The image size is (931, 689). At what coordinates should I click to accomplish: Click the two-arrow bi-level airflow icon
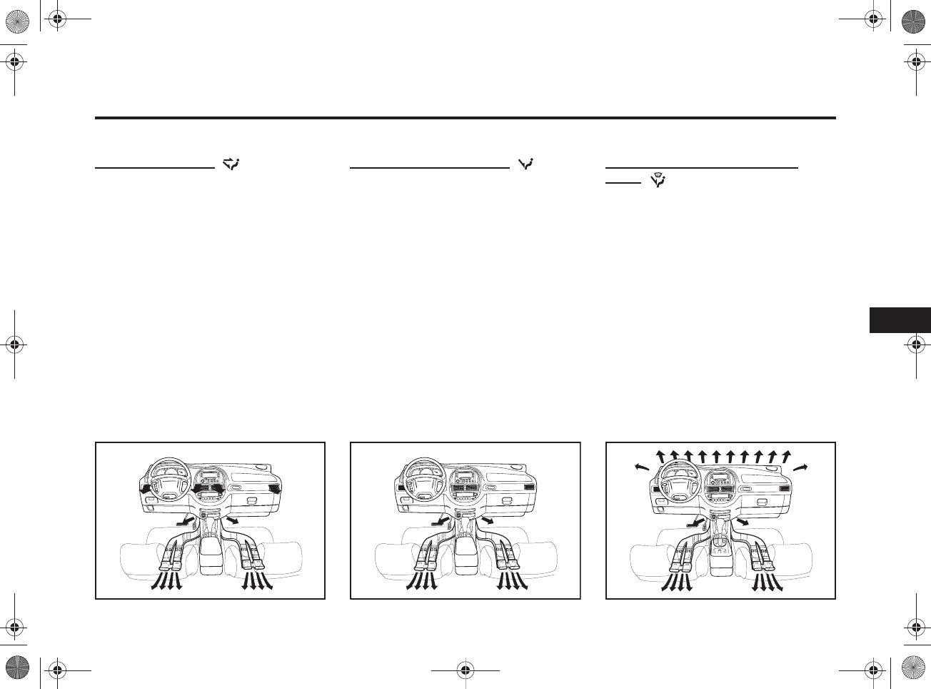(x=232, y=164)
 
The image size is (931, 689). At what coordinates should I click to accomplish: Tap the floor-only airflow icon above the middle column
(x=528, y=164)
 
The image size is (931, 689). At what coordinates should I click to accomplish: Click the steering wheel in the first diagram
(x=166, y=480)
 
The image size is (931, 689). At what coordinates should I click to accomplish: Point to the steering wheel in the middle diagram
(x=421, y=480)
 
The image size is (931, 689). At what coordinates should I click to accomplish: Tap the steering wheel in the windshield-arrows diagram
(x=676, y=480)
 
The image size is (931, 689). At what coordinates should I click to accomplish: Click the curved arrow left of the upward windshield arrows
(x=642, y=466)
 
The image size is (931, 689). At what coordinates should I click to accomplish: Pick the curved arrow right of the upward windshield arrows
(x=800, y=466)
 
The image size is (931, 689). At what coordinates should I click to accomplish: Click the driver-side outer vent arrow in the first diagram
(x=146, y=489)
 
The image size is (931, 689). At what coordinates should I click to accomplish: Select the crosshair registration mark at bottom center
(x=465, y=670)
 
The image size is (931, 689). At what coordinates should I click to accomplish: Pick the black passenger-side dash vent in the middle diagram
(x=529, y=487)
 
